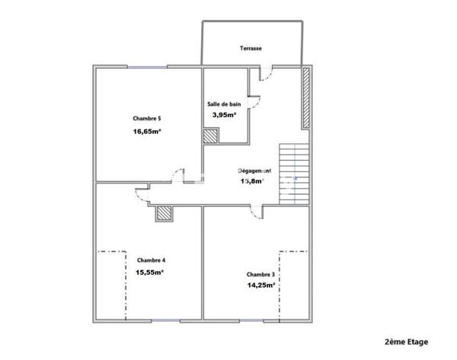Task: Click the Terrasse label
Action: pos(251,49)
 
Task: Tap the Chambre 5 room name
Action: pos(146,118)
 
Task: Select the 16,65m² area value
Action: pos(147,131)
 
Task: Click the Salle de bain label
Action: pos(224,104)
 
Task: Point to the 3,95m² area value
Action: pos(224,115)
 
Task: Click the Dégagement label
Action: pos(255,171)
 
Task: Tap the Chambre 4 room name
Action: pos(150,260)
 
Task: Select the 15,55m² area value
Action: pos(150,272)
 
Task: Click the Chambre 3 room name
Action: pos(261,274)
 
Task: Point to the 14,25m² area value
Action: pos(261,285)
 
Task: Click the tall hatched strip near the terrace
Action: pos(307,99)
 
